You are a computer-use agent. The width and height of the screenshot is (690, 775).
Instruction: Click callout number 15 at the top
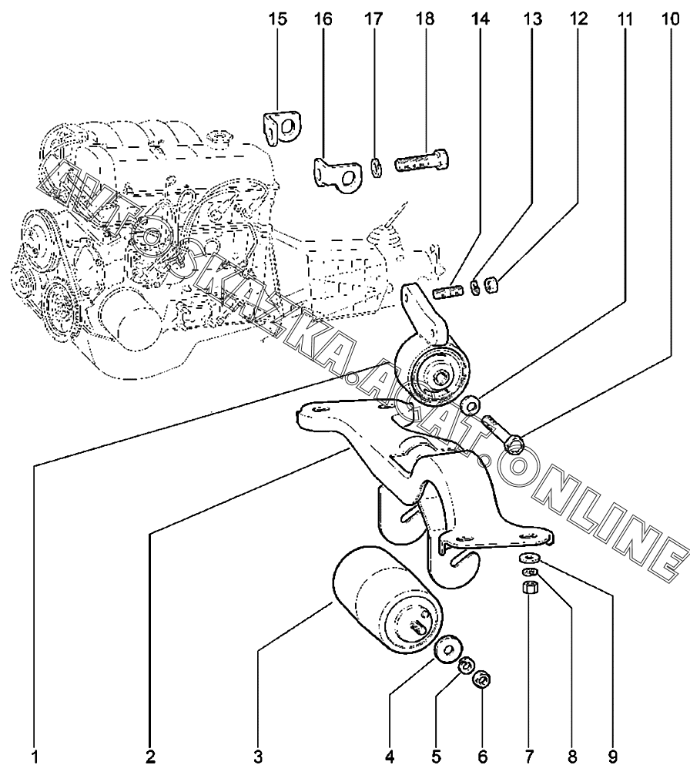tap(277, 20)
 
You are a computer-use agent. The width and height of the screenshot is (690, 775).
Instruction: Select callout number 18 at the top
tap(425, 20)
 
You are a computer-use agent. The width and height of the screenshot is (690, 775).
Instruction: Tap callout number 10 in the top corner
tap(670, 20)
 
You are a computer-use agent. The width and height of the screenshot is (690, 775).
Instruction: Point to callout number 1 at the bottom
tap(34, 757)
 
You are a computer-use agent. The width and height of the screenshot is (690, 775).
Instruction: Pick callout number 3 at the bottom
tap(258, 757)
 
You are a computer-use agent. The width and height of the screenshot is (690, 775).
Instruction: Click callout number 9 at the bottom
tap(612, 757)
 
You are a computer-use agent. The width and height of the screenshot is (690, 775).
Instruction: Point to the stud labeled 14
tap(447, 292)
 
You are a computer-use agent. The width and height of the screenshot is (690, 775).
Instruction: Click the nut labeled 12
tap(491, 285)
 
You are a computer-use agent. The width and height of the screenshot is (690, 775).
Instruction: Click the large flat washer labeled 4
tap(448, 649)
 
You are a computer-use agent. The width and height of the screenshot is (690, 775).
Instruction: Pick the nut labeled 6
tap(482, 679)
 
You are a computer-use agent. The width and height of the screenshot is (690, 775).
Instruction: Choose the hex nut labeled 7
tap(530, 588)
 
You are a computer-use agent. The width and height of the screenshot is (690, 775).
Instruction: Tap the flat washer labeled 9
tap(530, 559)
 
